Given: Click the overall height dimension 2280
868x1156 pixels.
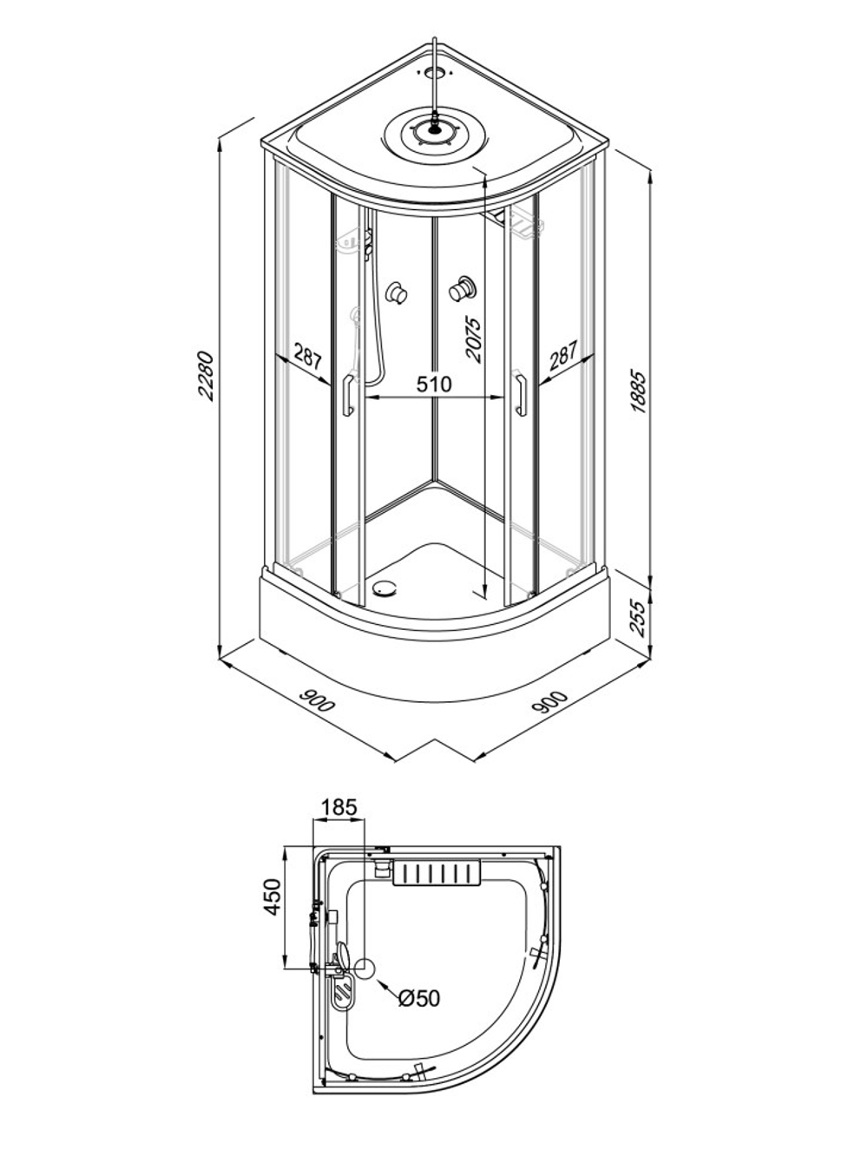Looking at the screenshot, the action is (x=206, y=377).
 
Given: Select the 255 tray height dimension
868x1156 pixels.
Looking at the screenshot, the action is (x=637, y=618).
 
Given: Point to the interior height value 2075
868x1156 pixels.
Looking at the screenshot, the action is (x=474, y=339).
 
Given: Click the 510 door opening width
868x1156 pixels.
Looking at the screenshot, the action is (x=434, y=384).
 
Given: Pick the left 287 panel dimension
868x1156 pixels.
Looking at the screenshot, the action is (x=307, y=357).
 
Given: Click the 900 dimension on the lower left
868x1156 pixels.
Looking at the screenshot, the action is (x=317, y=700).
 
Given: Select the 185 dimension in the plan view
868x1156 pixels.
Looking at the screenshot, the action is (x=339, y=807).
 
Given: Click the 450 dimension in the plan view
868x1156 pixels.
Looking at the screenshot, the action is (x=273, y=897).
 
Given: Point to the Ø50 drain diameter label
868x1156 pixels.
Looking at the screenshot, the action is (x=419, y=998).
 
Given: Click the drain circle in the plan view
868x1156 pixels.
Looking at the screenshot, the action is (x=365, y=967).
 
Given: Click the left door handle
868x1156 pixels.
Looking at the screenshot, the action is (x=347, y=395).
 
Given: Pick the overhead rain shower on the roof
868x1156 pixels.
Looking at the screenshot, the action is (x=433, y=130).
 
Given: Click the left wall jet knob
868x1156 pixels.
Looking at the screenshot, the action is (x=397, y=292).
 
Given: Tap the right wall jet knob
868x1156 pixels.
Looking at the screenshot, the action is (x=463, y=289).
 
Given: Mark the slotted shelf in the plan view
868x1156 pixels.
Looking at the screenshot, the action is (x=437, y=872).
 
